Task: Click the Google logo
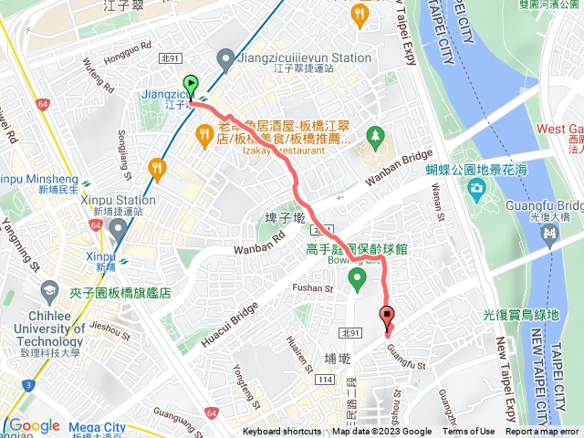(x=34, y=425)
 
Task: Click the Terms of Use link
(x=468, y=432)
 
